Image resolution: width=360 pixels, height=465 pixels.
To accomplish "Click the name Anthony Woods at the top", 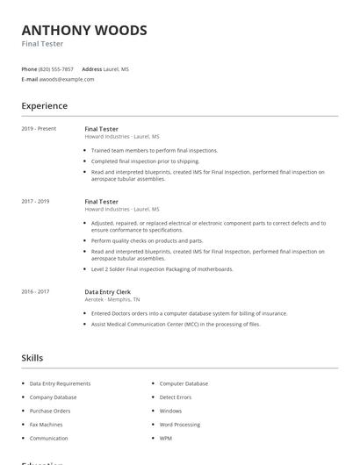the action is click(84, 30).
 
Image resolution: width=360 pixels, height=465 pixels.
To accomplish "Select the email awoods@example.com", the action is click(67, 79).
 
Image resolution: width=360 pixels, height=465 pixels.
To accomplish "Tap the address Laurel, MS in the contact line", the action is click(116, 68).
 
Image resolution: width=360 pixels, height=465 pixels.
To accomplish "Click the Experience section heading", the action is click(44, 106).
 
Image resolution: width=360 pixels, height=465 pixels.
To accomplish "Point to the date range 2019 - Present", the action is click(39, 128).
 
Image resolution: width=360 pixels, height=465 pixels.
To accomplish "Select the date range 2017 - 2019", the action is click(35, 201).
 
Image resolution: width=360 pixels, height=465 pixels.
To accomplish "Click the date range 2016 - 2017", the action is click(35, 291).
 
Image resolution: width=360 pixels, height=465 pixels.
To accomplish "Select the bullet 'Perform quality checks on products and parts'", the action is click(147, 240).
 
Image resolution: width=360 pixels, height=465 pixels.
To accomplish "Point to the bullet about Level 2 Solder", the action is click(162, 269).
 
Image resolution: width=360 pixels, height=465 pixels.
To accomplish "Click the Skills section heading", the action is click(32, 358).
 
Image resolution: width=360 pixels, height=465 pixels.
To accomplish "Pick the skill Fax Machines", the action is click(47, 425).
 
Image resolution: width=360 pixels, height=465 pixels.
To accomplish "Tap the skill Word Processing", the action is click(180, 425).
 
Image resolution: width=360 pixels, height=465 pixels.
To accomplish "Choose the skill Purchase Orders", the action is click(50, 411).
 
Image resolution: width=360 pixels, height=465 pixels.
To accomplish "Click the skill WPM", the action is click(166, 438).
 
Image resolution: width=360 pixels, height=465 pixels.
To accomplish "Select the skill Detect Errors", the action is click(175, 397).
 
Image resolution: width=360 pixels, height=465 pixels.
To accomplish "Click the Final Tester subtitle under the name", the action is click(42, 44).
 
